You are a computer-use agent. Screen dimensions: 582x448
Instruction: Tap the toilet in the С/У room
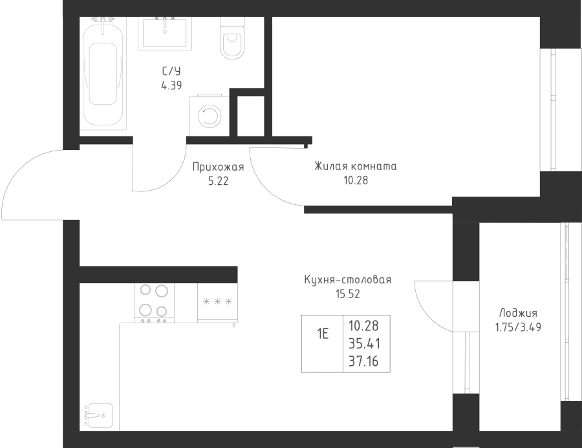click(x=233, y=38)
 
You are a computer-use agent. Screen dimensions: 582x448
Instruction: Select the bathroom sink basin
click(x=165, y=33)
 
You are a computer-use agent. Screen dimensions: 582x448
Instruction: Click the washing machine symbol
click(x=210, y=116)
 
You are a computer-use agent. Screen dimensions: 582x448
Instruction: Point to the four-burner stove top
click(x=154, y=303)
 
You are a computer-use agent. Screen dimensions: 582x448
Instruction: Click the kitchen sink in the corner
click(x=98, y=415)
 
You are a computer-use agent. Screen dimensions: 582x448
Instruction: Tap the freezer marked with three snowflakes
click(x=217, y=303)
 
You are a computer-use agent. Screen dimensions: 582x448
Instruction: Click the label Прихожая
click(x=219, y=167)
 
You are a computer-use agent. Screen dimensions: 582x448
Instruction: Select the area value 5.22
click(x=219, y=182)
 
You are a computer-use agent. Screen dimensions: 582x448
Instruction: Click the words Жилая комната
click(x=356, y=166)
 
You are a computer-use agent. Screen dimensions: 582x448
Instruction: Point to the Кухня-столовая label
click(x=348, y=279)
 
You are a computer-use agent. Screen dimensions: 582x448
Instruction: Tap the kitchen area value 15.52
click(x=348, y=294)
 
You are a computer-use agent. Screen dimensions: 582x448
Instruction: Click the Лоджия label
click(x=518, y=314)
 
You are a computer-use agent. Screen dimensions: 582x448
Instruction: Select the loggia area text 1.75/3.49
click(x=518, y=327)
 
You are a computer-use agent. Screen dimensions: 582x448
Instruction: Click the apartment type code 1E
click(x=323, y=334)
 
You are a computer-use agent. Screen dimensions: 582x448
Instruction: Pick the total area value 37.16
click(x=363, y=361)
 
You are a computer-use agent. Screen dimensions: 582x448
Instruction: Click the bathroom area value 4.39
click(x=171, y=86)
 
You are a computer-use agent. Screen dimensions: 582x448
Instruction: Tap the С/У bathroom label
click(x=171, y=71)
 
